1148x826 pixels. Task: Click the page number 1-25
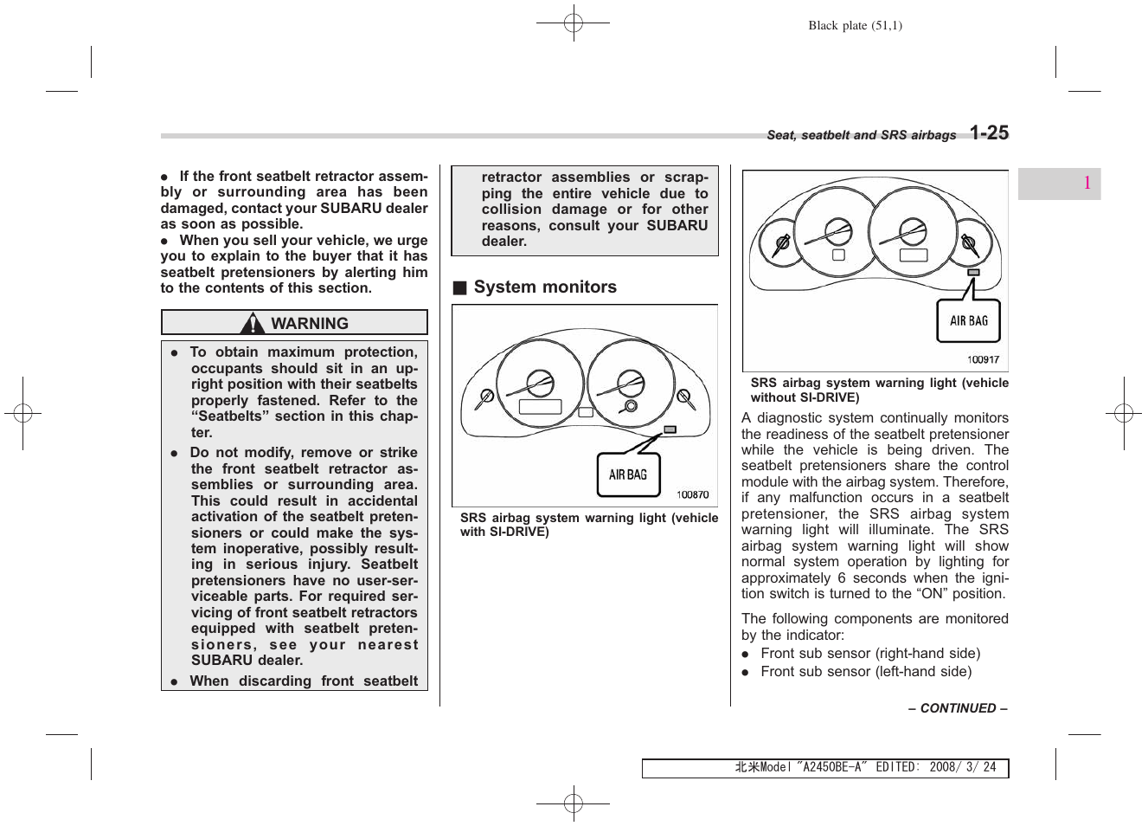[x=989, y=132]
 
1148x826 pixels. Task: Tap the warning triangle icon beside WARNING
[x=253, y=324]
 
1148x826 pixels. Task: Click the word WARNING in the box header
[x=310, y=324]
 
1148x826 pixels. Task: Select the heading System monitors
[x=545, y=287]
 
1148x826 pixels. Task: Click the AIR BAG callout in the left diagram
[x=628, y=474]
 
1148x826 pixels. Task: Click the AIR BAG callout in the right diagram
[x=968, y=321]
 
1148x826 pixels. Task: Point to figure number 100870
[x=692, y=494]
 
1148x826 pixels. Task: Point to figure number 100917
[x=983, y=360]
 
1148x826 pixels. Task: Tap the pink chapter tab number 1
[x=1087, y=184]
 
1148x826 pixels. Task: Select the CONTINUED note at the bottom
[x=958, y=708]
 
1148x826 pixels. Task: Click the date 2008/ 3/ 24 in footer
[x=962, y=768]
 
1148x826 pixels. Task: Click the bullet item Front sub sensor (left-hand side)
[x=865, y=672]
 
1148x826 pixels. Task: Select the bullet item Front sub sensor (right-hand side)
[x=869, y=654]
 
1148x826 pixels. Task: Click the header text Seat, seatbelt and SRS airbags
[x=861, y=135]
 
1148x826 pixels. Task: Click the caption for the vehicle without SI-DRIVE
[x=879, y=390]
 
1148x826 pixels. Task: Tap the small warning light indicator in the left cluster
[x=670, y=429]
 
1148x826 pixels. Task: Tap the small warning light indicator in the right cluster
[x=974, y=273]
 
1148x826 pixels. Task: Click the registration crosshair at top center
[x=573, y=23]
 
